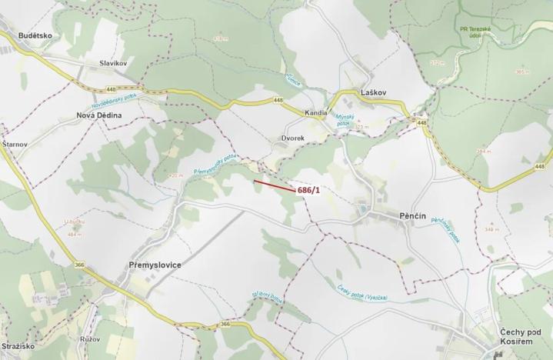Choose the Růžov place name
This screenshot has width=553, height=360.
[x=89, y=338]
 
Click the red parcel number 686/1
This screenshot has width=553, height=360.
[x=308, y=189]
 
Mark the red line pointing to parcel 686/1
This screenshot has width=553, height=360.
[x=273, y=185]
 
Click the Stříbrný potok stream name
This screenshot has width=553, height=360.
[x=268, y=296]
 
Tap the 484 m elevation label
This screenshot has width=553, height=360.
[x=75, y=234]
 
